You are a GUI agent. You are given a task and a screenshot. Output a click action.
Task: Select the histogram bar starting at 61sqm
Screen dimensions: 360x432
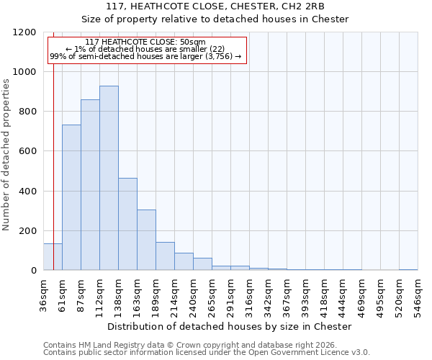71,197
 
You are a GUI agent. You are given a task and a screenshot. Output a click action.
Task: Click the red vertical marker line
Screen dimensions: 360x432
53,144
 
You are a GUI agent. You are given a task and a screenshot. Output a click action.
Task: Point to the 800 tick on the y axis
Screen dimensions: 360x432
27,112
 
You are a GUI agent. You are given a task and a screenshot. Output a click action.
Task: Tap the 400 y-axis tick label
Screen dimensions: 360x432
27,191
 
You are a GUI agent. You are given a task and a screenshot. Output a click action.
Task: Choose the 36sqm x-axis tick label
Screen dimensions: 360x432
44,293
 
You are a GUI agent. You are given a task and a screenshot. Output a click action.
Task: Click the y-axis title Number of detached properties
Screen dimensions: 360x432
6,155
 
